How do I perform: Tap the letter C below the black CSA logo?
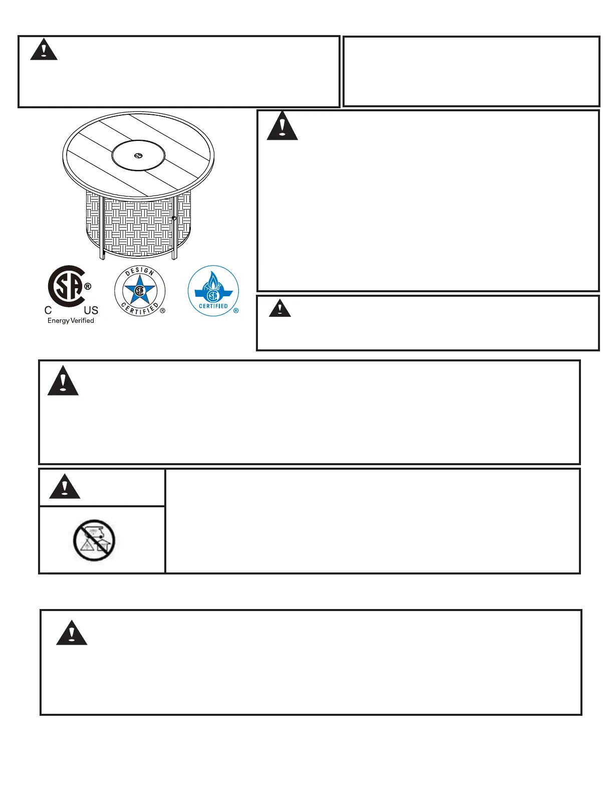click(x=48, y=311)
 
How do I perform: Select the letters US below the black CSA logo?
click(x=91, y=311)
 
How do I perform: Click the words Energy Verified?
click(x=71, y=321)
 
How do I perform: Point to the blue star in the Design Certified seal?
click(x=140, y=291)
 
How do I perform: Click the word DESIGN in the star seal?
click(x=140, y=272)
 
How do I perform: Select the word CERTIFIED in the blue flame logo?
click(x=213, y=306)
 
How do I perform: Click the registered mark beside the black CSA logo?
click(x=88, y=287)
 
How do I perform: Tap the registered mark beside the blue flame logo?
click(x=236, y=311)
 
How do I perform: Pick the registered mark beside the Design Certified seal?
click(x=162, y=311)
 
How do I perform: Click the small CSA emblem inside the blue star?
click(x=140, y=291)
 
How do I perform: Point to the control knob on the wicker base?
click(x=174, y=218)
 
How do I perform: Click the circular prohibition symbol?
click(x=94, y=540)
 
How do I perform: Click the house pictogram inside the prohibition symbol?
click(x=103, y=547)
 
